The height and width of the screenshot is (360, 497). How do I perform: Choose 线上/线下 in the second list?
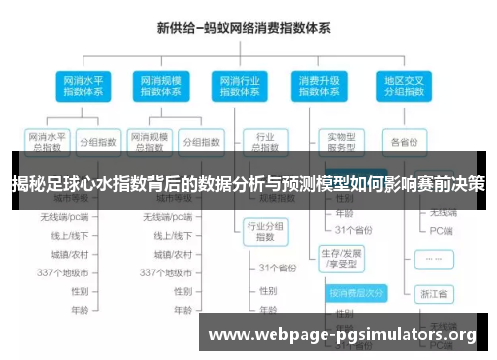point(167,236)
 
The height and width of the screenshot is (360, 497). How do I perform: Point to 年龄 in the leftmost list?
point(79,310)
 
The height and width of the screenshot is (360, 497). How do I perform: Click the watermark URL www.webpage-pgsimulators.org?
point(343,334)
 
